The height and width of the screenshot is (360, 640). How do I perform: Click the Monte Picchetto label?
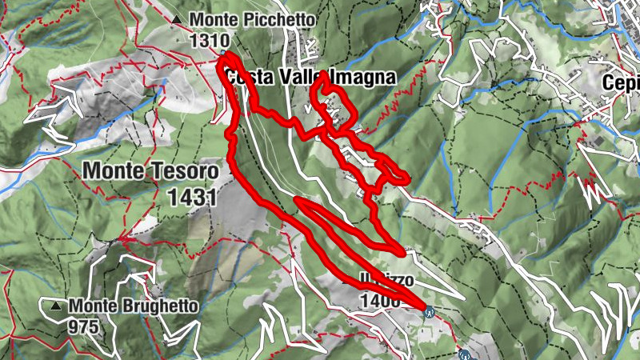pos(242,20)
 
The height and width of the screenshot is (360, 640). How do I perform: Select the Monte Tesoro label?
pos(150,170)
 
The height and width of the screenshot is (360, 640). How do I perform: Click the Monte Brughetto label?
pos(133,306)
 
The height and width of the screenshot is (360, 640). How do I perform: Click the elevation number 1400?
pos(379,300)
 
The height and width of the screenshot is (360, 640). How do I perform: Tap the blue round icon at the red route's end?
pos(430,312)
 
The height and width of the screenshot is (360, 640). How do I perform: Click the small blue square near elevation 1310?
pos(222,54)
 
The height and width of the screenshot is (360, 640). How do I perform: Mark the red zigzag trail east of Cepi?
pos(594,193)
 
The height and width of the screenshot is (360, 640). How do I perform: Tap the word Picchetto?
pos(266,20)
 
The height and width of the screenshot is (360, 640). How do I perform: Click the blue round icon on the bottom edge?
pos(465,352)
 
